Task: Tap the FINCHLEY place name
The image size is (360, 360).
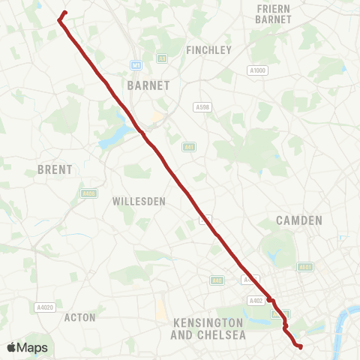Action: tap(209, 50)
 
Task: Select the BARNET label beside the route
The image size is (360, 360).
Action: tap(149, 85)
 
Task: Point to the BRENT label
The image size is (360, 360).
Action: tap(55, 170)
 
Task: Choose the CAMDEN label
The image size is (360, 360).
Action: tap(298, 220)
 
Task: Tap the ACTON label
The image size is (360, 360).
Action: tap(80, 317)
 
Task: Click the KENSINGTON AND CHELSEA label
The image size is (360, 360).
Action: tap(209, 328)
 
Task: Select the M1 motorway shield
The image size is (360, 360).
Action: tap(136, 64)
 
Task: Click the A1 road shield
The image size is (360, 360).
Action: tap(162, 58)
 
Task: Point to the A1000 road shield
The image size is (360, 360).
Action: tap(257, 70)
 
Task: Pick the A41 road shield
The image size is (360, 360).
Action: tap(189, 147)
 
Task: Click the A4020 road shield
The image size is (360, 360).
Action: tap(44, 307)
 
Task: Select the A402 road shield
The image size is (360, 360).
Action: tap(256, 300)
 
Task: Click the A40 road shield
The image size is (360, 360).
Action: tap(217, 280)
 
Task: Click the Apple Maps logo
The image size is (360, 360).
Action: tap(26, 347)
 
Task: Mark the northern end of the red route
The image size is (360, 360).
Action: tap(66, 12)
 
